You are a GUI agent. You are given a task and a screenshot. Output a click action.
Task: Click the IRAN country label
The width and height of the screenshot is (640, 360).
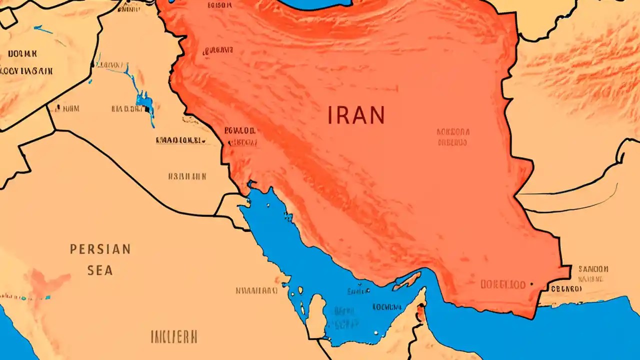point(356,115)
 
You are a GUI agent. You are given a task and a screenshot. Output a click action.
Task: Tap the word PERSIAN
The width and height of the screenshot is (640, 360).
point(100,249)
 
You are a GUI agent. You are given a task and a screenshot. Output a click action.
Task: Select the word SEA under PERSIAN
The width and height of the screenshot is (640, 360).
point(100,270)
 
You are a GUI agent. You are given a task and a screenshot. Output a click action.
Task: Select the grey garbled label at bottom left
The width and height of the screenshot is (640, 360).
point(174,336)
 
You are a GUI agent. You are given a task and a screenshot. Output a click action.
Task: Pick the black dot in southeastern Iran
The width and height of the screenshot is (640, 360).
point(531,284)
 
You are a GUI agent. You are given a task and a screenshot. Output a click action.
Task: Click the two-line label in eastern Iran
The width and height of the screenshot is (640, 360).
point(453,137)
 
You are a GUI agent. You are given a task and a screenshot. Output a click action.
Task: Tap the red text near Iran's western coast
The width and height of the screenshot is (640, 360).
point(240,136)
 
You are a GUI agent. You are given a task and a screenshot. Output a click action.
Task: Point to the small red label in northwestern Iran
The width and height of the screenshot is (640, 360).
point(217,50)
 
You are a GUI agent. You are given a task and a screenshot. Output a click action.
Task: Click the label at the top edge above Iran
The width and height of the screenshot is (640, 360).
point(219,5)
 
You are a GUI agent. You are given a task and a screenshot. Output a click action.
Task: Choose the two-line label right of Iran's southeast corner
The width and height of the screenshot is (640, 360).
point(592,273)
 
